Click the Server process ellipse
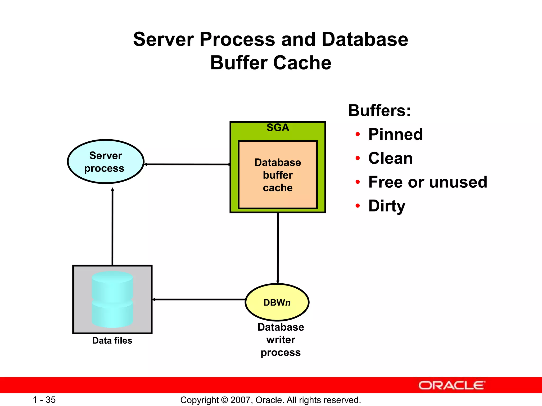106,162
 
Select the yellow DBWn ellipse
277,302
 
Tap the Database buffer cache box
278,175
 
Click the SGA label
278,128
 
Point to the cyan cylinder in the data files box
112,299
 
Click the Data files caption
112,340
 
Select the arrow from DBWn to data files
198,299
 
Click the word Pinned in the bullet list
395,134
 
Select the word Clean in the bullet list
390,158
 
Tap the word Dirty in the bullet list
387,206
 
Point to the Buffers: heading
379,110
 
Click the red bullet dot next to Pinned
358,135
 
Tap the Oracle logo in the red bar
451,385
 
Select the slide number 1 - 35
44,400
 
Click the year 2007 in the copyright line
239,400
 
